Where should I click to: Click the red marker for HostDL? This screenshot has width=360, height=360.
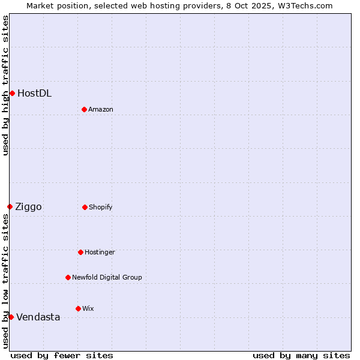pyautogui.click(x=12, y=93)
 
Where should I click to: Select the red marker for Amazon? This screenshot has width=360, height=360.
pyautogui.click(x=84, y=109)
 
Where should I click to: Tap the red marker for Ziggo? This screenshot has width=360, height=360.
pyautogui.click(x=10, y=206)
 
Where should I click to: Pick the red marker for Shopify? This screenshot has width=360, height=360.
pyautogui.click(x=85, y=207)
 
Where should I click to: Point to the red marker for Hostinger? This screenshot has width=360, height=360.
pyautogui.click(x=80, y=252)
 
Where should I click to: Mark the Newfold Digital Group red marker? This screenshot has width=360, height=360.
pyautogui.click(x=68, y=277)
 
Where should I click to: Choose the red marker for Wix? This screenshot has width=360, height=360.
pyautogui.click(x=78, y=308)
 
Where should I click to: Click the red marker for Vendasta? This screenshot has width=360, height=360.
pyautogui.click(x=11, y=317)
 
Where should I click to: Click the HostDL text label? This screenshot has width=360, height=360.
pyautogui.click(x=34, y=93)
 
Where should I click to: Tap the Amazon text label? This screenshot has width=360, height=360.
pyautogui.click(x=100, y=109)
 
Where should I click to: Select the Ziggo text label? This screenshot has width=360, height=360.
pyautogui.click(x=28, y=206)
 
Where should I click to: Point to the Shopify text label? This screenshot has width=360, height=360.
pyautogui.click(x=100, y=207)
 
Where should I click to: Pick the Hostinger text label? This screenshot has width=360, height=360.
pyautogui.click(x=100, y=252)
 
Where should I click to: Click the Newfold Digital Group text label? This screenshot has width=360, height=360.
pyautogui.click(x=107, y=277)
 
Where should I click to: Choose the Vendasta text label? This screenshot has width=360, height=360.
pyautogui.click(x=38, y=317)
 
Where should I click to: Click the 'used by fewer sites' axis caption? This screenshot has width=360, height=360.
pyautogui.click(x=62, y=355)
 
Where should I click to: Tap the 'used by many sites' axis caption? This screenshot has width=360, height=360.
pyautogui.click(x=301, y=355)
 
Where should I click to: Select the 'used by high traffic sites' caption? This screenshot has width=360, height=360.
pyautogui.click(x=5, y=85)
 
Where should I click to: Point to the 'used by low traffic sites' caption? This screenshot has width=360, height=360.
pyautogui.click(x=5, y=280)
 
